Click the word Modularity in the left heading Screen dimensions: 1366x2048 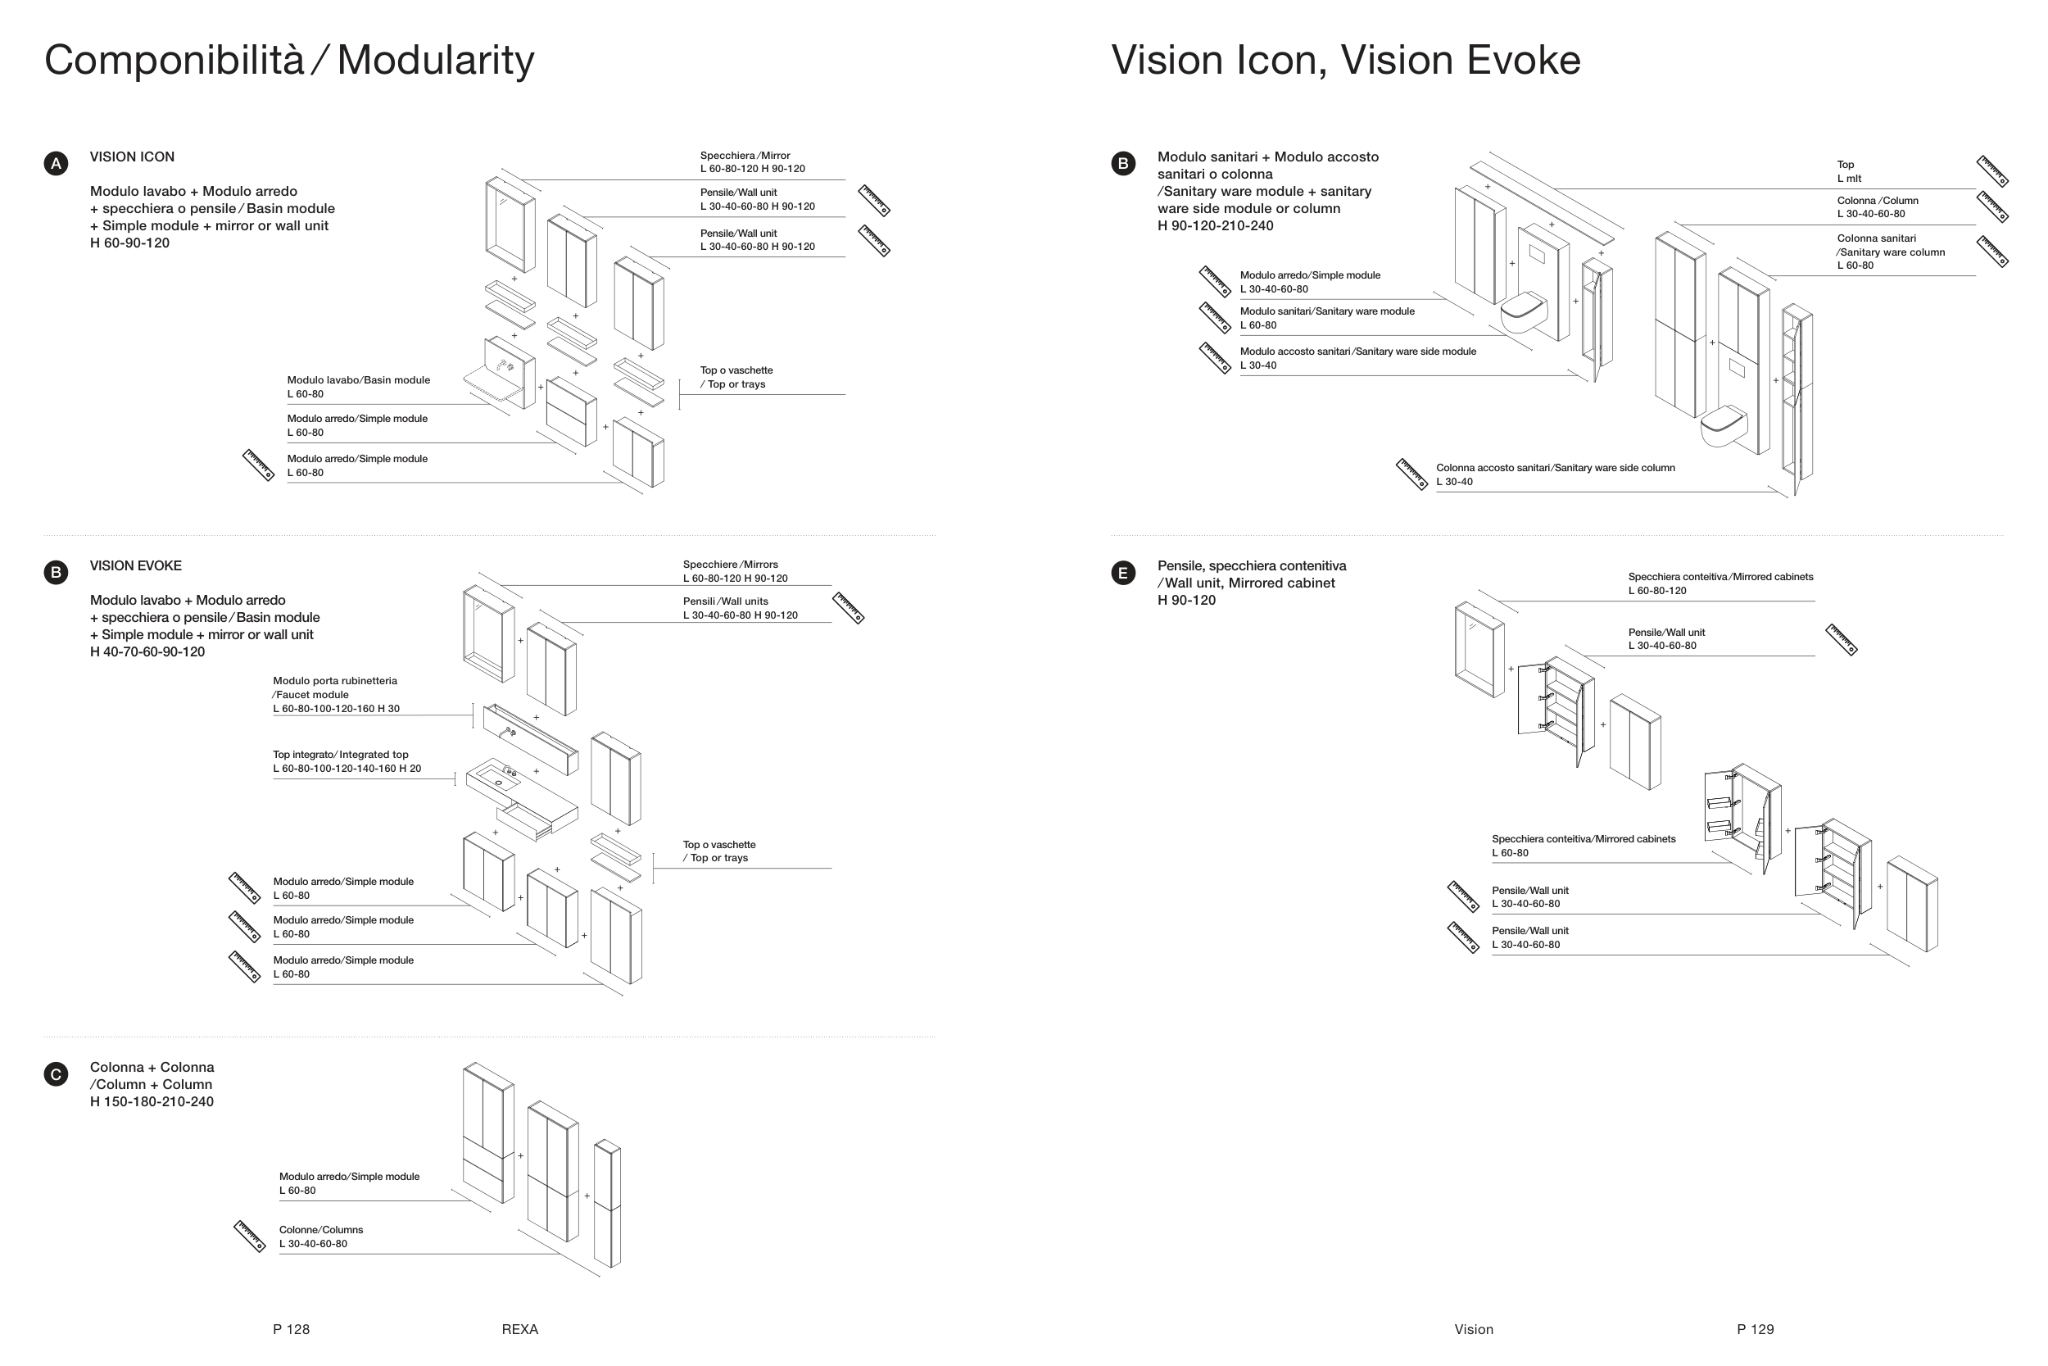tap(434, 61)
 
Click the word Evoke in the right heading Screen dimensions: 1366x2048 tap(1523, 61)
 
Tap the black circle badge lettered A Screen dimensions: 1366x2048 tap(56, 164)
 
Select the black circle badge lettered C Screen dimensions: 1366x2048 tap(56, 1074)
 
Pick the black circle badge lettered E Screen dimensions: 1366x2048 tap(1122, 574)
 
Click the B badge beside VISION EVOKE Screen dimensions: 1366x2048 tap(56, 572)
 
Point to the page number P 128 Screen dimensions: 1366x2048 tap(291, 1329)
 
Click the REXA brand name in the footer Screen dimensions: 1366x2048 tap(520, 1329)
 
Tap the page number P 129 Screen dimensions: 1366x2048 tap(1755, 1329)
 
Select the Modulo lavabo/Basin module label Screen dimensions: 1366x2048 tap(358, 387)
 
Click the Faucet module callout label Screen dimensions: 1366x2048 tap(335, 694)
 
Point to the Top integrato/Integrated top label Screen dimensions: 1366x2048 tap(347, 761)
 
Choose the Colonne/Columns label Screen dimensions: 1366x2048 tap(320, 1237)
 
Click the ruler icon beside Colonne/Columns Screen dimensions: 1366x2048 tap(250, 1237)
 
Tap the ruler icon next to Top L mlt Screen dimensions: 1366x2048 tap(1991, 171)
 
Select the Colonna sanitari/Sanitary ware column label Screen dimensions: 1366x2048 tap(1890, 252)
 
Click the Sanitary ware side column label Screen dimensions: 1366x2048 tap(1554, 474)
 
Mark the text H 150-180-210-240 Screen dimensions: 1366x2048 tap(152, 1102)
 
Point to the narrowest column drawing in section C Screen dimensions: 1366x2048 tap(607, 1204)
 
